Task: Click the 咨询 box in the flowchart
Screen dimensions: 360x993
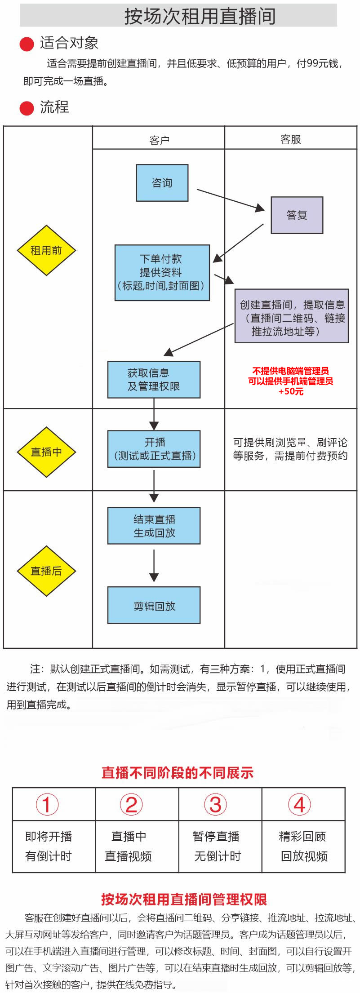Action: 162,183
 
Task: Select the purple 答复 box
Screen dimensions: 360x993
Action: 297,215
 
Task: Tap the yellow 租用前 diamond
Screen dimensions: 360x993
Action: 46,250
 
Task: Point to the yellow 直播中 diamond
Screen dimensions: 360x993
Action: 46,452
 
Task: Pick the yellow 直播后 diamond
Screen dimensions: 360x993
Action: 46,571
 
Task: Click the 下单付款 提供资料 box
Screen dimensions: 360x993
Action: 162,273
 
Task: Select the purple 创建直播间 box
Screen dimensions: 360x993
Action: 292,316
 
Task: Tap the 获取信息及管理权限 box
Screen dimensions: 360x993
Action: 154,380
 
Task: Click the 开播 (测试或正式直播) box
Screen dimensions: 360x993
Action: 154,449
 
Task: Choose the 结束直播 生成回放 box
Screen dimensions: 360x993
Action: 154,526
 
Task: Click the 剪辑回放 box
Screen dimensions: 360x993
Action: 154,605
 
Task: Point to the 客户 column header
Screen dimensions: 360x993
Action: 159,140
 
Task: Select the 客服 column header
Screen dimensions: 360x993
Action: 291,139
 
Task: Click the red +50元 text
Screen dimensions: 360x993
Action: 291,391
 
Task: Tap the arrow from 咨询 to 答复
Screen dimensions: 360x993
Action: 231,200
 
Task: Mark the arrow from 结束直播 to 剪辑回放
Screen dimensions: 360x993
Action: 154,566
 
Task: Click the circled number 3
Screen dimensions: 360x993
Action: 216,804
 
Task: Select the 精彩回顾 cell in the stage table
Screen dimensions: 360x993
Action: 302,836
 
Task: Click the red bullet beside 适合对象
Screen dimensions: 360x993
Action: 27,44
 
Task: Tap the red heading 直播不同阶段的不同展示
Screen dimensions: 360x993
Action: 178,772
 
